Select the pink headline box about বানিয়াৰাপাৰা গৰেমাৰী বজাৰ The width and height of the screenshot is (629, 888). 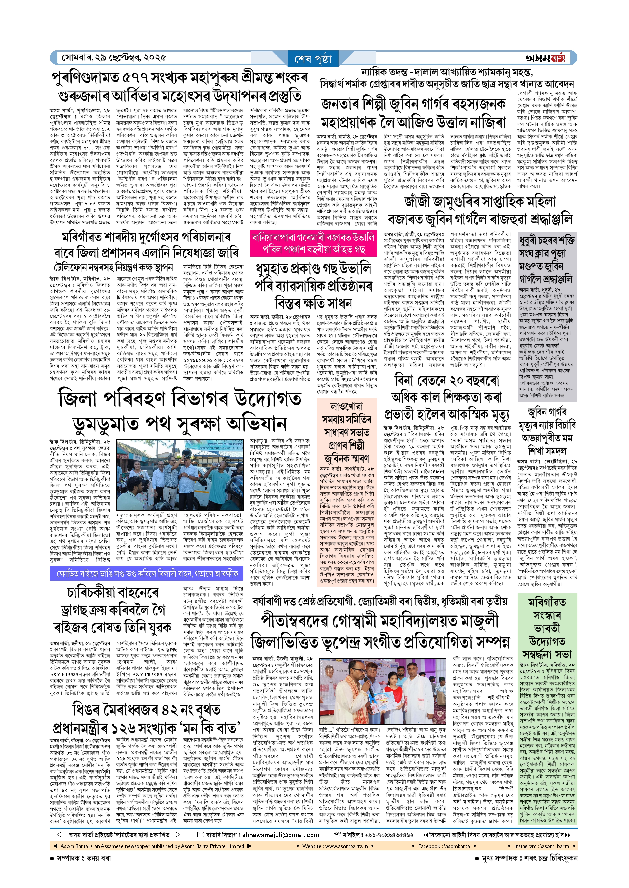(313, 243)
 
